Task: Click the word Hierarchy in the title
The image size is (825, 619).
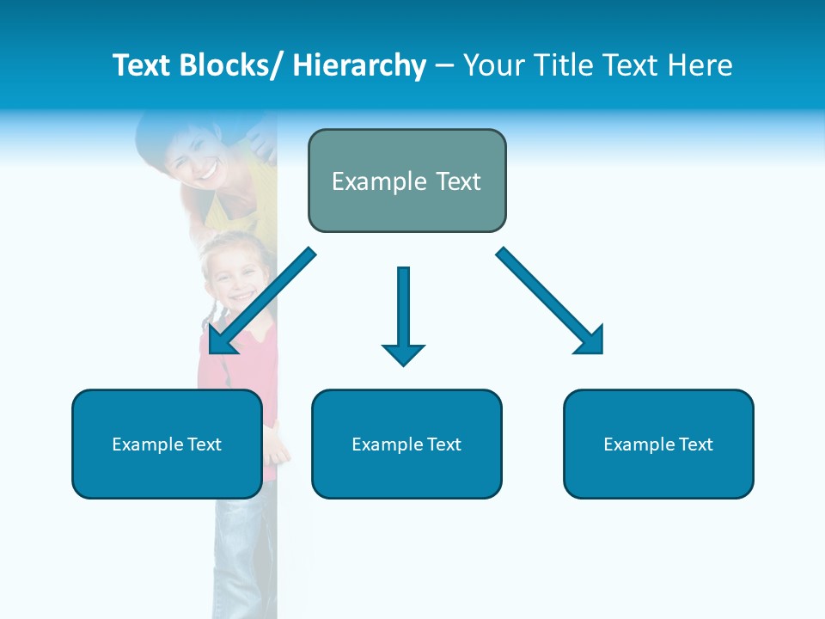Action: click(359, 65)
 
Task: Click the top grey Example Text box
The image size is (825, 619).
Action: click(406, 181)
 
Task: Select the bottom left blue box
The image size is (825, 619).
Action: click(167, 444)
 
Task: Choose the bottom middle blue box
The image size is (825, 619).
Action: click(406, 444)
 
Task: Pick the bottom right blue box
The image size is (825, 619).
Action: click(658, 444)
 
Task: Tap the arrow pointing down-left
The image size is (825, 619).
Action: click(262, 301)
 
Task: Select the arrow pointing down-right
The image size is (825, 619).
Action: click(550, 301)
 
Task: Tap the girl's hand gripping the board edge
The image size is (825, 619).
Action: click(277, 443)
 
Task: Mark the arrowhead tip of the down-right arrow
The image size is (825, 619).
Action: click(601, 351)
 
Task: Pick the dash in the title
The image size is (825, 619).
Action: click(443, 65)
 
